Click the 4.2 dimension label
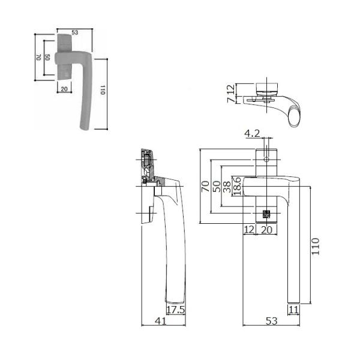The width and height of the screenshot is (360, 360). click(x=251, y=133)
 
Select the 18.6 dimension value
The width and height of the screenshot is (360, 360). click(x=238, y=185)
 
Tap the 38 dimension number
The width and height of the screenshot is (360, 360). click(x=226, y=186)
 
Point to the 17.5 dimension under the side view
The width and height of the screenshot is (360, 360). click(x=175, y=310)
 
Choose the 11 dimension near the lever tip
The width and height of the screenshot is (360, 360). click(x=294, y=310)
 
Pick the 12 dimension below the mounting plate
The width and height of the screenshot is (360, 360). click(x=250, y=229)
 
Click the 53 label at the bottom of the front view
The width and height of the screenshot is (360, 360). click(x=271, y=322)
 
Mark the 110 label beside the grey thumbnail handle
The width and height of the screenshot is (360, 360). click(x=103, y=92)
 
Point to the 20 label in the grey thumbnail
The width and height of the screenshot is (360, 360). click(x=64, y=88)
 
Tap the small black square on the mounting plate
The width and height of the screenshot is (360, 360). click(x=266, y=214)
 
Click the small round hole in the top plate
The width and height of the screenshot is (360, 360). click(x=266, y=160)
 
